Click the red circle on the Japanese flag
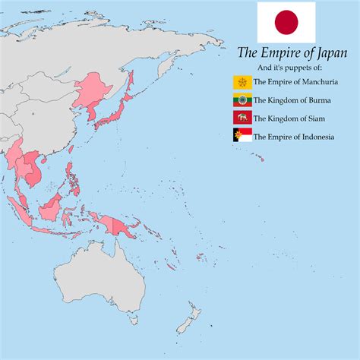[286, 22]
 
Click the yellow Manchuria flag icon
[242, 82]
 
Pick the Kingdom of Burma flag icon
[242, 100]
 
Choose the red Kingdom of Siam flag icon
[242, 118]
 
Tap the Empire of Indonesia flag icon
[242, 137]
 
